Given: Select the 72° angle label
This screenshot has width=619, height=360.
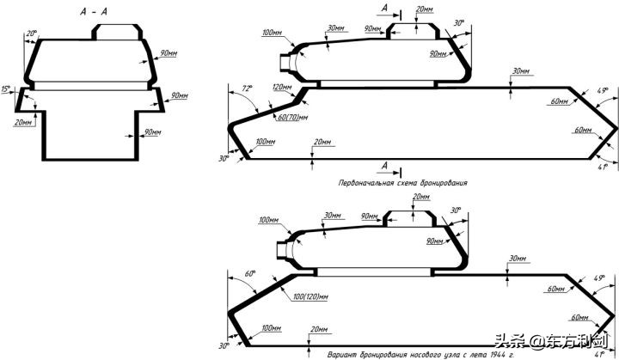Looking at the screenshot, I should pyautogui.click(x=248, y=88).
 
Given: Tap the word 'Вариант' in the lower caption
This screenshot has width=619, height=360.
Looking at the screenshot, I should pyautogui.click(x=341, y=354).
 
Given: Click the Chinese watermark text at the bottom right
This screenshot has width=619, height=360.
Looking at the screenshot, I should pyautogui.click(x=555, y=342).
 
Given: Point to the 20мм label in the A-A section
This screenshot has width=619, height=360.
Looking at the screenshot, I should pyautogui.click(x=24, y=122).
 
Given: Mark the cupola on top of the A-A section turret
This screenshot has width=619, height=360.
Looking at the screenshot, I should pyautogui.click(x=115, y=31).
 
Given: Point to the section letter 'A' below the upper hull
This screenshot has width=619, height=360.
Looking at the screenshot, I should pyautogui.click(x=385, y=164).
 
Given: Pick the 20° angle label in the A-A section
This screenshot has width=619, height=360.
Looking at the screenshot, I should pyautogui.click(x=32, y=34).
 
